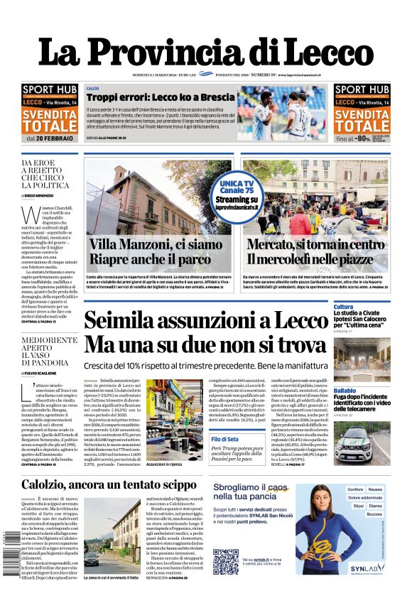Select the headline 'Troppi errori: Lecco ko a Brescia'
160,97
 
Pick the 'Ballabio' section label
345,391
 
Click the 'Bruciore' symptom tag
374,514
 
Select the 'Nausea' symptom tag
375,489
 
